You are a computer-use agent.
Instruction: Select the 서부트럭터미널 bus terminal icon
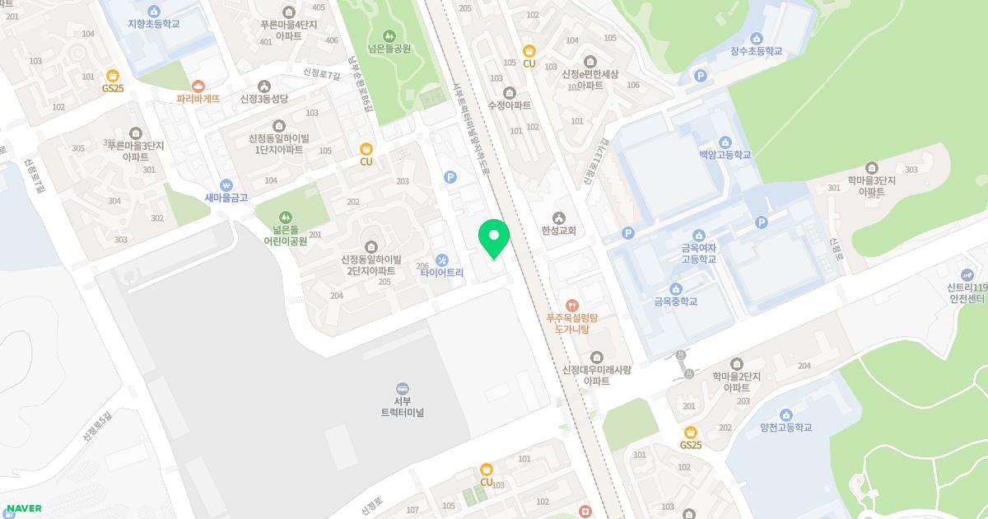click(x=403, y=389)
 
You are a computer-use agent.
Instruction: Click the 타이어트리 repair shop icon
click(x=442, y=259)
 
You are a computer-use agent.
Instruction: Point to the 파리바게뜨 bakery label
click(x=198, y=99)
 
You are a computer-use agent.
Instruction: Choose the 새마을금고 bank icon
click(x=226, y=185)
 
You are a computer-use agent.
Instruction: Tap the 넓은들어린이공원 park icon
click(x=285, y=217)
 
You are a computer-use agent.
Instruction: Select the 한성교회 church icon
click(x=559, y=218)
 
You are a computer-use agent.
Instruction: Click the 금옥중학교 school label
click(x=675, y=302)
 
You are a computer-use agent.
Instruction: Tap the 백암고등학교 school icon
click(x=725, y=142)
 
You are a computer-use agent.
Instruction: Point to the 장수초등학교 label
click(x=756, y=51)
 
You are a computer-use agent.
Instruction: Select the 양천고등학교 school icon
click(x=785, y=414)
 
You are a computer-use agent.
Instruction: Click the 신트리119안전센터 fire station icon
click(x=967, y=274)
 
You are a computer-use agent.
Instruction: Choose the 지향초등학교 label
click(x=154, y=24)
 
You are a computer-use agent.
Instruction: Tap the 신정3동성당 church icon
click(x=263, y=86)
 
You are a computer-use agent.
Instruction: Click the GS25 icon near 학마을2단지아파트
click(x=691, y=432)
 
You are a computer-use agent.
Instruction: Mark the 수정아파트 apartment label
click(x=510, y=105)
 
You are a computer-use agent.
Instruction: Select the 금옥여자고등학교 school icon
click(x=698, y=236)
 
